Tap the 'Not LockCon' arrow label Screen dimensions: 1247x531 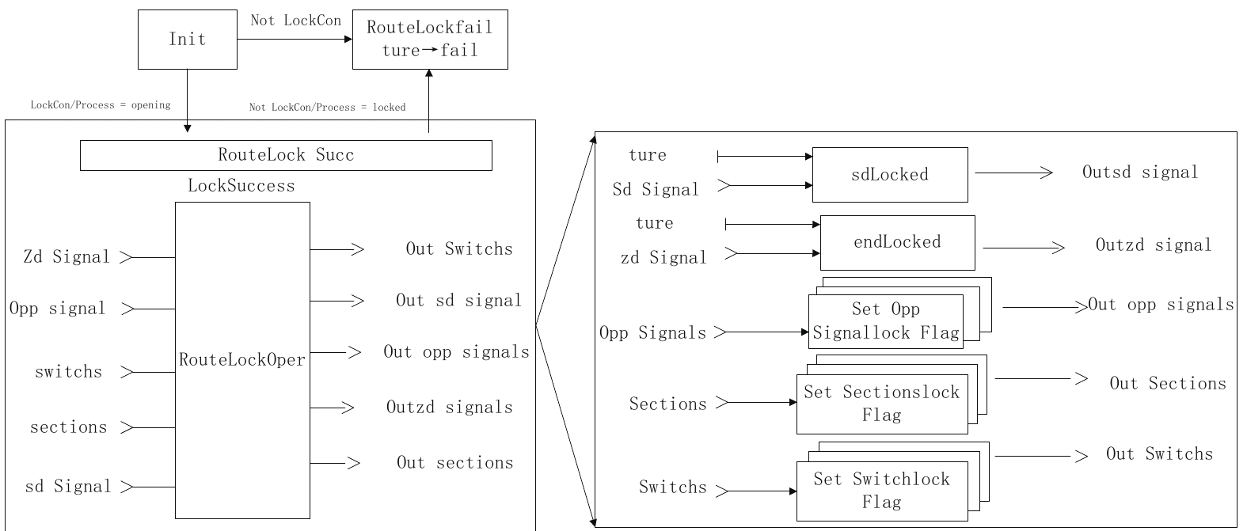295,21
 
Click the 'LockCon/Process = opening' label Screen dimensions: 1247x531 101,104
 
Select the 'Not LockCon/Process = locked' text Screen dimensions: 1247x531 327,107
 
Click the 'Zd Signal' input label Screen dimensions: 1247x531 67,257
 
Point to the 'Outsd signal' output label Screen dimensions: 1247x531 1140,173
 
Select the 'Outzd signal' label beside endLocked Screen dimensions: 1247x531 1154,245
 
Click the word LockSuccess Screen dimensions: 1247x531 241,186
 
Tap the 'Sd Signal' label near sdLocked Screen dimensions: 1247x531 656,190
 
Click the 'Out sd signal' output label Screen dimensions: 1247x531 458,302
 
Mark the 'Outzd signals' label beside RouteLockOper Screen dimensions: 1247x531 449,408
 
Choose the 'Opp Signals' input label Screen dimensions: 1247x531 652,333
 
